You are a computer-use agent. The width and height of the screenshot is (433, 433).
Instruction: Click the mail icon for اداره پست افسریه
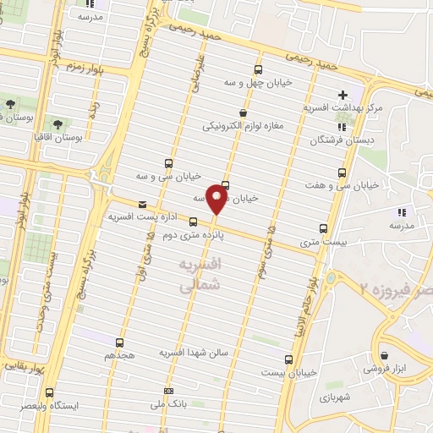click(141, 204)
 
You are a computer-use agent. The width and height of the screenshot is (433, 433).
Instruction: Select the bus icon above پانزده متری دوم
click(194, 222)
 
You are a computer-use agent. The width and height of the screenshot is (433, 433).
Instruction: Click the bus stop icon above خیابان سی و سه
click(169, 163)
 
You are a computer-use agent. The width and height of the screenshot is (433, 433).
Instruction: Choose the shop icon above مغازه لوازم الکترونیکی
click(244, 112)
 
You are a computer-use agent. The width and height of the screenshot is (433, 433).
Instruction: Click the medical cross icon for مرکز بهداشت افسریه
click(343, 95)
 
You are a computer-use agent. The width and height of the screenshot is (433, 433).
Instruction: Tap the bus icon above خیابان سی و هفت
click(342, 172)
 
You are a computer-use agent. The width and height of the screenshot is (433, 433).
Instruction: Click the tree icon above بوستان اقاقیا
click(57, 123)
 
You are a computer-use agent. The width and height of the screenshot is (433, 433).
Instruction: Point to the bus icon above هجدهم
click(119, 343)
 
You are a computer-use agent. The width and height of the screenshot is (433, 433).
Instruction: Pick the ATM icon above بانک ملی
click(169, 392)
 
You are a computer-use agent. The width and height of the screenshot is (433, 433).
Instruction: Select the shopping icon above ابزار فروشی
click(386, 355)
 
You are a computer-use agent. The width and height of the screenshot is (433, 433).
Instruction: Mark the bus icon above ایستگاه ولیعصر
click(50, 392)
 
